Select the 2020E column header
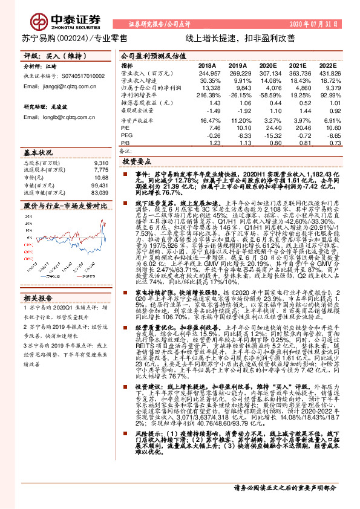[x=267, y=65]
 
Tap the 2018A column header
[x=207, y=65]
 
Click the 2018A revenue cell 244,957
[x=206, y=72]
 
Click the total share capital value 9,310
[x=100, y=163]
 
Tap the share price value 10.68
[x=101, y=178]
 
